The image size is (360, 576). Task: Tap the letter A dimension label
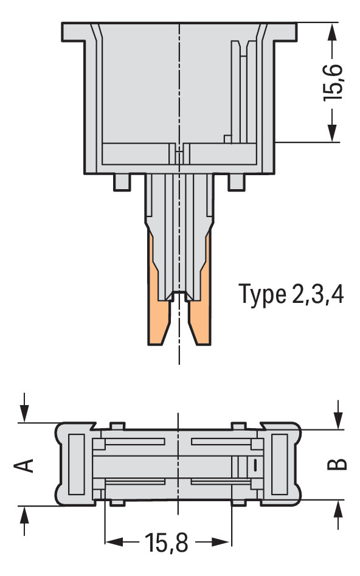[24, 465]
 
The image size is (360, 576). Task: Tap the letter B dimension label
[337, 463]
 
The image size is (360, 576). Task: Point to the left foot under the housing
[122, 181]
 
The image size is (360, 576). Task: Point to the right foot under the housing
[236, 181]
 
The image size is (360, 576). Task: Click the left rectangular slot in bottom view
[76, 463]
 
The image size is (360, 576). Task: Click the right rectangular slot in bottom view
[279, 463]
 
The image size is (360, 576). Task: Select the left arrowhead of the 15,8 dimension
[113, 541]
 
